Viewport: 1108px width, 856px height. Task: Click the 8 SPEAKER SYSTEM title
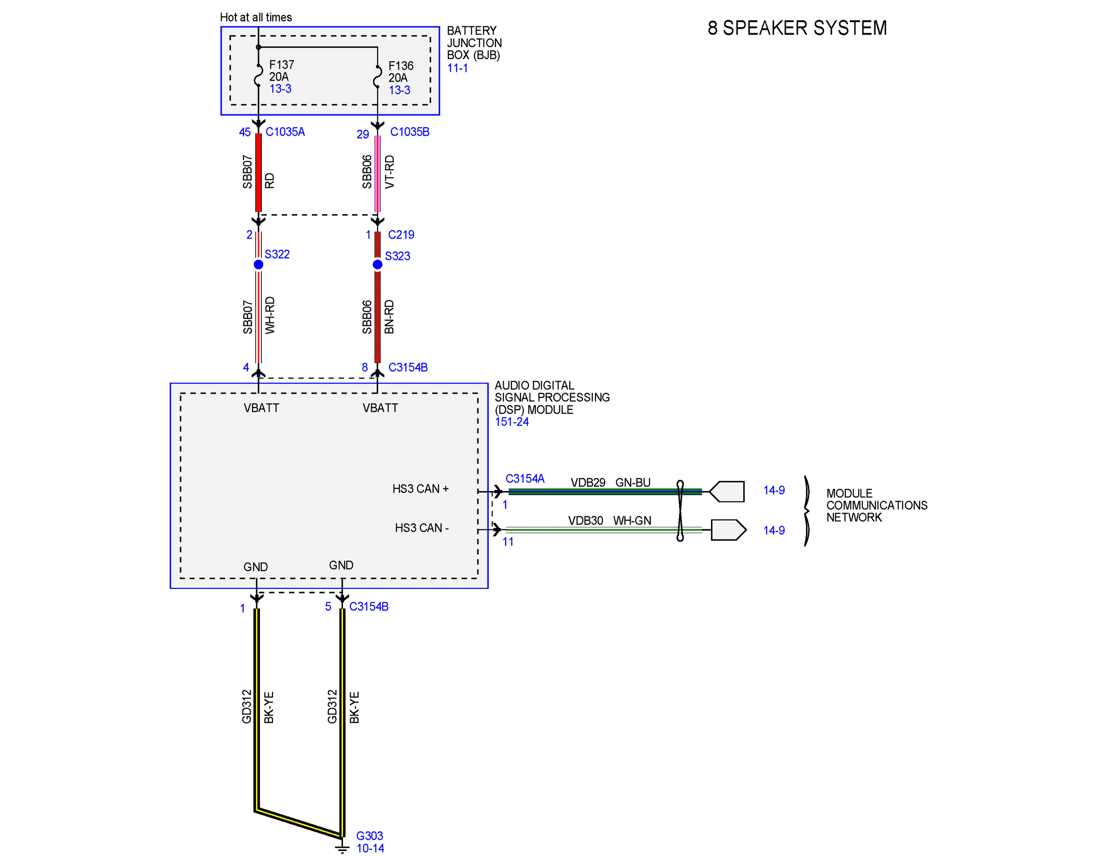pos(797,28)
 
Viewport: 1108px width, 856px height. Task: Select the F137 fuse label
pos(282,65)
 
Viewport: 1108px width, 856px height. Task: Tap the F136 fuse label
pos(401,66)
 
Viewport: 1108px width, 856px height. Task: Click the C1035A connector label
pos(285,132)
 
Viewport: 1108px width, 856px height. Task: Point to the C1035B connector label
pos(409,132)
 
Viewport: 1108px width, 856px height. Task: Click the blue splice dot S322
pos(258,264)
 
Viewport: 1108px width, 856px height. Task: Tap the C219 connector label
pos(401,235)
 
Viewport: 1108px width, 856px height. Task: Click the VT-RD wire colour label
pos(390,172)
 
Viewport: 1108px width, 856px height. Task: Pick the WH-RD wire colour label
pos(270,316)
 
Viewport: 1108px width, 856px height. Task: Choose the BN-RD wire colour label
pos(389,317)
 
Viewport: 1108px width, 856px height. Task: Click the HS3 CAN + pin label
pos(421,489)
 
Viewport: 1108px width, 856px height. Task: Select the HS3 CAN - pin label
pos(422,528)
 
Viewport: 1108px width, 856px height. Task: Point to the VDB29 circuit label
pos(588,482)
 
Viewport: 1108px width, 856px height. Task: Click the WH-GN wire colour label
pos(632,521)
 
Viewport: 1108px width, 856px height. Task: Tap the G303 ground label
pos(369,836)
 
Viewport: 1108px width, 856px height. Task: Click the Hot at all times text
pos(256,17)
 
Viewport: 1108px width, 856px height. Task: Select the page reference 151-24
pos(512,422)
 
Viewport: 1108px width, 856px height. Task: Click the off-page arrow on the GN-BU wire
pos(727,491)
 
